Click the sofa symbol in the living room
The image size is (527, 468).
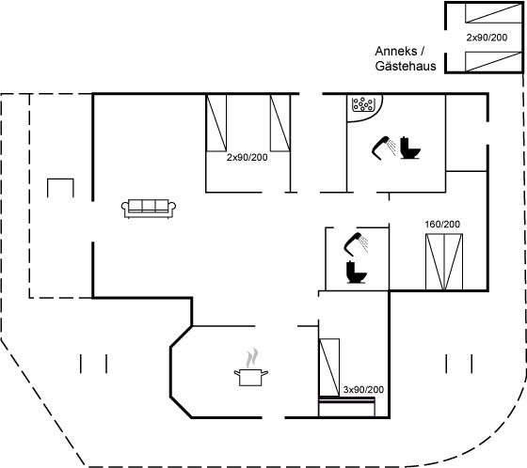pyautogui.click(x=149, y=209)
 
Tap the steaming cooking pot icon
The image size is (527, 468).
pyautogui.click(x=251, y=368)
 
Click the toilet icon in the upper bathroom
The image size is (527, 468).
pyautogui.click(x=410, y=148)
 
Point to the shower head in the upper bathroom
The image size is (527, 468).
pyautogui.click(x=384, y=147)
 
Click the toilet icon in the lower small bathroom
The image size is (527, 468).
pyautogui.click(x=356, y=272)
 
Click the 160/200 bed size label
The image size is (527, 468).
pyautogui.click(x=442, y=225)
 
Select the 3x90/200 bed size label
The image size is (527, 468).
pyautogui.click(x=363, y=389)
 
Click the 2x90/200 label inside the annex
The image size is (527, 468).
pyautogui.click(x=487, y=38)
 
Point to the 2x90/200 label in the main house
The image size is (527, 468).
pyautogui.click(x=247, y=157)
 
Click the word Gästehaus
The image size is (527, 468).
pyautogui.click(x=406, y=66)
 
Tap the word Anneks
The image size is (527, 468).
pyautogui.click(x=396, y=51)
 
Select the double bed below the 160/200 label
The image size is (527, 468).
pyautogui.click(x=444, y=262)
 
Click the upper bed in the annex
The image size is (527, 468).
pyautogui.click(x=493, y=13)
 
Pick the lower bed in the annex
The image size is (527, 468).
pyautogui.click(x=493, y=62)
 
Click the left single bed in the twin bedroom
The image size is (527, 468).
pyautogui.click(x=216, y=123)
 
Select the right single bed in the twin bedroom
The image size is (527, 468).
pyautogui.click(x=280, y=123)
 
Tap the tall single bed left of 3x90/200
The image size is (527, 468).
pyautogui.click(x=329, y=367)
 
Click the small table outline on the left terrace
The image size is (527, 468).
pyautogui.click(x=60, y=179)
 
